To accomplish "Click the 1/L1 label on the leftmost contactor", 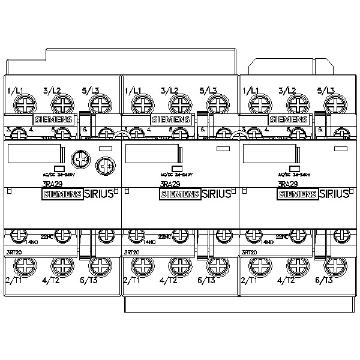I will click(15, 91).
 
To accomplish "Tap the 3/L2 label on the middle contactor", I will click(170, 91).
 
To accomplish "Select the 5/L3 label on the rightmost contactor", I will click(325, 91).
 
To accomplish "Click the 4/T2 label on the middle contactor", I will click(170, 280).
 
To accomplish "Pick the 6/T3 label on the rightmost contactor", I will click(325, 280).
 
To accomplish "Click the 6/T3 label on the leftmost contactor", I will click(89, 280).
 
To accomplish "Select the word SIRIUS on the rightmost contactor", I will click(333, 194).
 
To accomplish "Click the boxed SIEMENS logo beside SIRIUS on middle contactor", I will click(178, 194).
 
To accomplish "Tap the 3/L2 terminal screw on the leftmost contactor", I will click(61, 106).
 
